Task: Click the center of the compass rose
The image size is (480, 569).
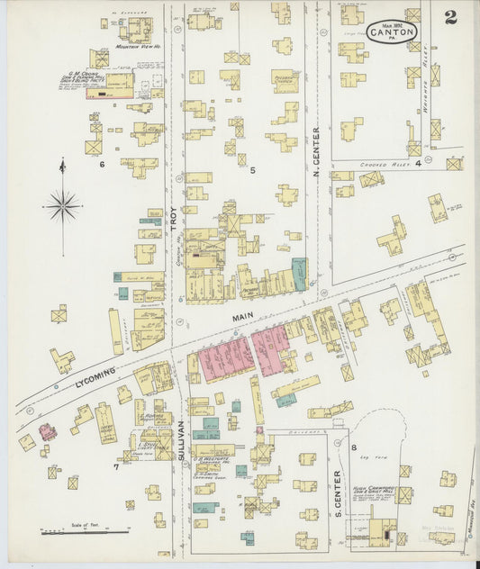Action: [62, 205]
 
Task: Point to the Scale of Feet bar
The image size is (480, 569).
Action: [85, 532]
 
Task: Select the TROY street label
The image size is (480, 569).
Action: [174, 221]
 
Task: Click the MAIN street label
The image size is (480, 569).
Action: [240, 318]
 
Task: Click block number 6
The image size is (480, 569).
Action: [102, 165]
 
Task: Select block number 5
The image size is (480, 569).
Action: [253, 169]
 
